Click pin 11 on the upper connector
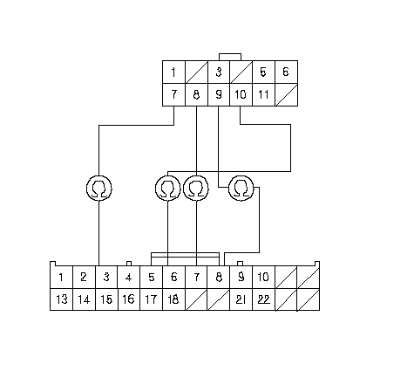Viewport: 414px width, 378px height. click(263, 94)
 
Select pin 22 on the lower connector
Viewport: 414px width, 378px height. click(263, 299)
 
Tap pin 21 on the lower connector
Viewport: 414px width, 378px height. click(241, 299)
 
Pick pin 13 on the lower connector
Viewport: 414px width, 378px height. click(61, 299)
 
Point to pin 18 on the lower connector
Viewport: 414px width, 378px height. click(173, 299)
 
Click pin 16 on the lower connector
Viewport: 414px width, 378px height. click(129, 299)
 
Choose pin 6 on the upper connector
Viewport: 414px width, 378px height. click(286, 72)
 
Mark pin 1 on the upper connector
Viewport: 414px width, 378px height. click(173, 72)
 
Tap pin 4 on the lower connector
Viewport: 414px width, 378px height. click(129, 277)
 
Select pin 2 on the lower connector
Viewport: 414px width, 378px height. click(84, 277)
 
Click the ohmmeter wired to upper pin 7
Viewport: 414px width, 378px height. click(99, 188)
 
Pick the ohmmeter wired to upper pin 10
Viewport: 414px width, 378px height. click(167, 188)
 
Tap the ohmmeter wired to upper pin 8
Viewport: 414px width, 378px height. click(196, 188)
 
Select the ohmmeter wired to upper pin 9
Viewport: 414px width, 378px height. click(241, 188)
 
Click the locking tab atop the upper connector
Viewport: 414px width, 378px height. click(230, 57)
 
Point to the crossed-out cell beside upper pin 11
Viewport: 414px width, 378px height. click(286, 94)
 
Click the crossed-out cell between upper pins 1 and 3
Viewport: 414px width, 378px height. click(196, 72)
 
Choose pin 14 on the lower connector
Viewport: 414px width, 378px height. click(84, 299)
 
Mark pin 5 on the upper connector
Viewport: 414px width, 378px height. click(263, 72)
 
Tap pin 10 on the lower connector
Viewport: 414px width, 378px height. click(263, 277)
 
